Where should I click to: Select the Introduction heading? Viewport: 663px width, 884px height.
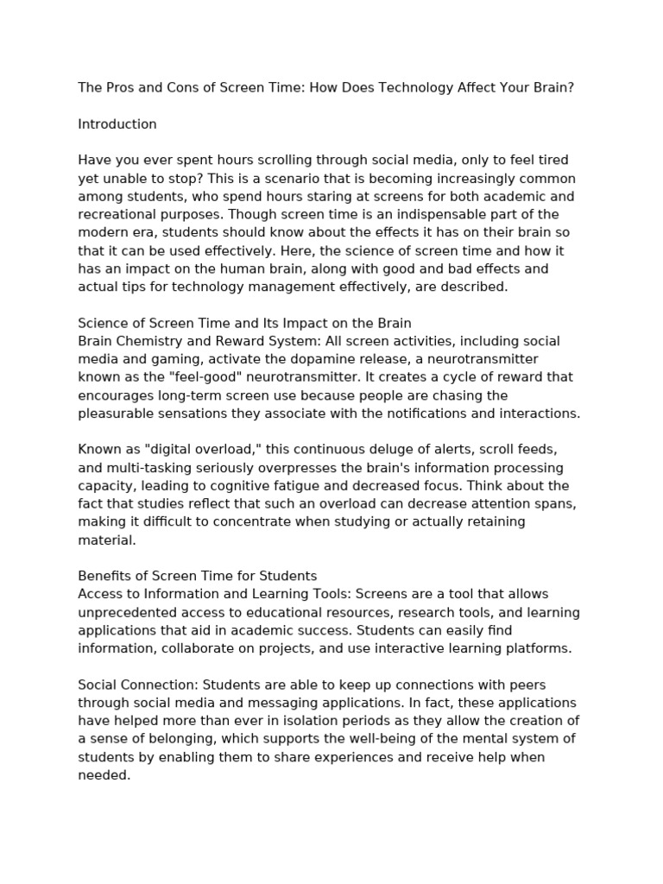(x=117, y=123)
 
